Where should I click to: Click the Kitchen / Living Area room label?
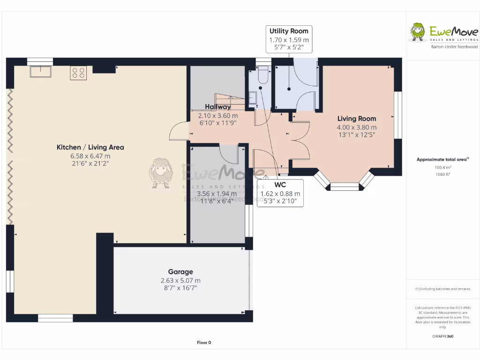[x=90, y=147]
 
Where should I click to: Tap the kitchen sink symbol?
[x=41, y=72]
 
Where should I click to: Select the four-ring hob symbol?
[x=78, y=73]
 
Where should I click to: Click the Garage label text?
[x=180, y=272]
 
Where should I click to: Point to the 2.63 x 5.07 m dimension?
[x=180, y=280]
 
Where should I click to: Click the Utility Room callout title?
[x=289, y=31]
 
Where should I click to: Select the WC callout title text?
[x=280, y=185]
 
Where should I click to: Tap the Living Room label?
[x=357, y=119]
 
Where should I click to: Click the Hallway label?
[x=217, y=107]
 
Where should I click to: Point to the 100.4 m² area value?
[x=442, y=167]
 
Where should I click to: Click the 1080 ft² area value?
[x=442, y=174]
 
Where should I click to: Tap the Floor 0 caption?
[x=204, y=343]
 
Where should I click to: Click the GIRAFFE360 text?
[x=442, y=336]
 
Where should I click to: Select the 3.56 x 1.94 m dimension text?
[x=217, y=194]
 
